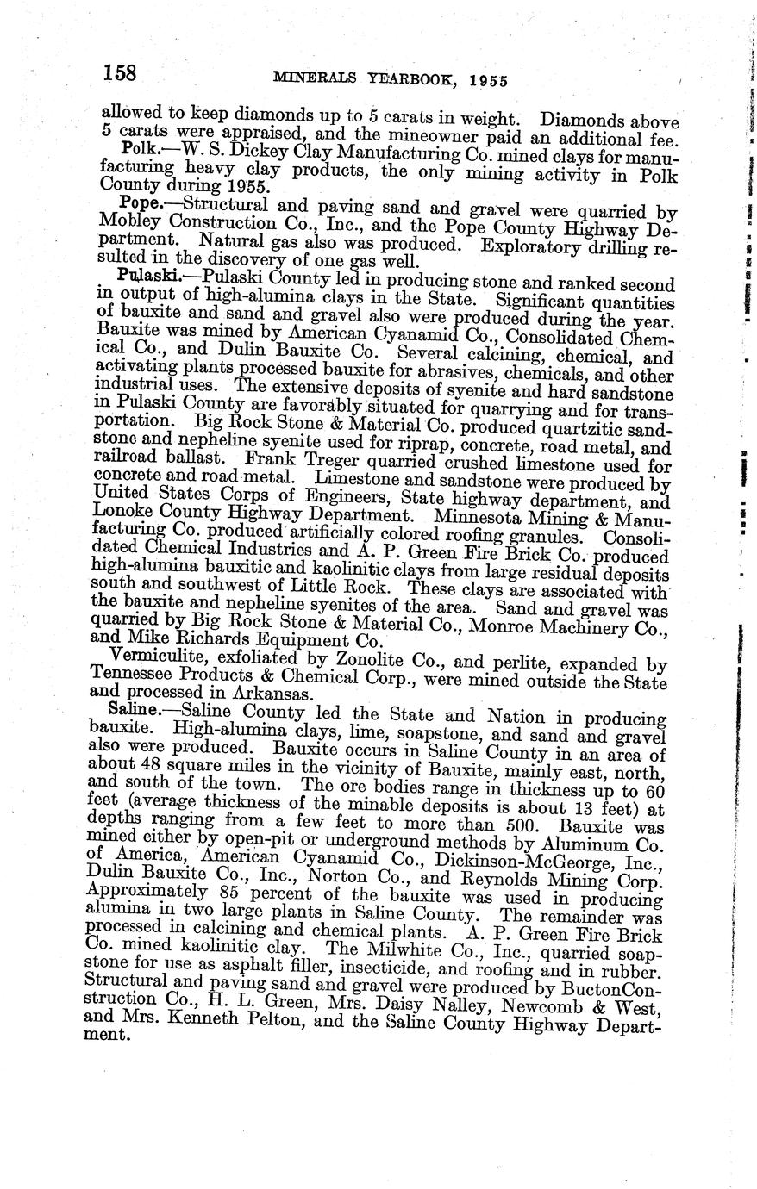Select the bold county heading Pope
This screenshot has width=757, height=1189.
[139, 202]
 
